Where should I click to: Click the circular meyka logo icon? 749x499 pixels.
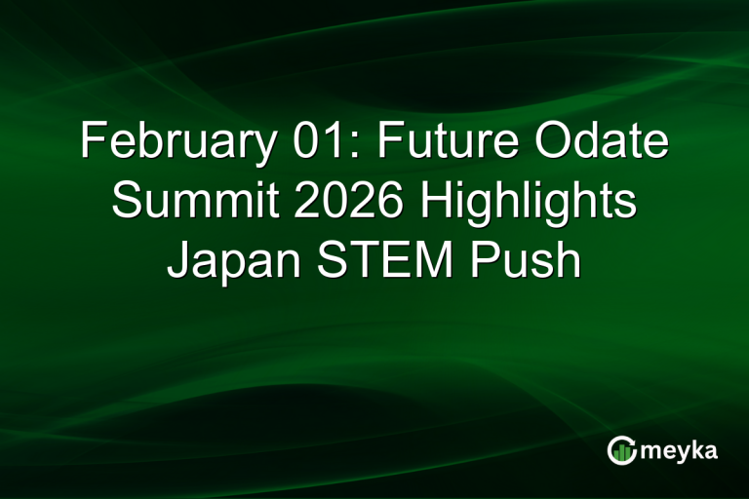(621, 450)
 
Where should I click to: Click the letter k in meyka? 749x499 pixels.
(698, 450)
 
